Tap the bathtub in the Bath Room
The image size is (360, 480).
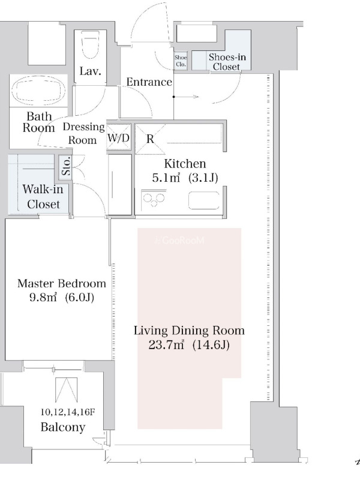pos(38,91)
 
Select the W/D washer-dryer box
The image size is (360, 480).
pos(119,138)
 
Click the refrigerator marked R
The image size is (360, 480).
pos(150,139)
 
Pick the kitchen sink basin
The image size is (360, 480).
pos(204,200)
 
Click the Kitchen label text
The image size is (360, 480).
pos(185,164)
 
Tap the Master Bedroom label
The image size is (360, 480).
pos(62,283)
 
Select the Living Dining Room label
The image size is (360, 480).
pos(189,331)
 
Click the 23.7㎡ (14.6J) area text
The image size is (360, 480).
pos(189,345)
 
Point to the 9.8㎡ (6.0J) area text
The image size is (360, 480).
pos(62,297)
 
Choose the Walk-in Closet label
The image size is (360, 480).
pos(43,197)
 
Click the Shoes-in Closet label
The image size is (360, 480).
pos(227,62)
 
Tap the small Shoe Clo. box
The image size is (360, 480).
pos(181,61)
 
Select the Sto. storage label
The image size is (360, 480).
pos(66,166)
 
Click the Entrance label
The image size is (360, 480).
pos(149,82)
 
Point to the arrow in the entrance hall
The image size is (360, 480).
pos(186,97)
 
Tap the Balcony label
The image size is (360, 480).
pos(63,427)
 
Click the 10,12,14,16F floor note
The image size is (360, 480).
pos(68,412)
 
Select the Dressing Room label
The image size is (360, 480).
pos(83,133)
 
